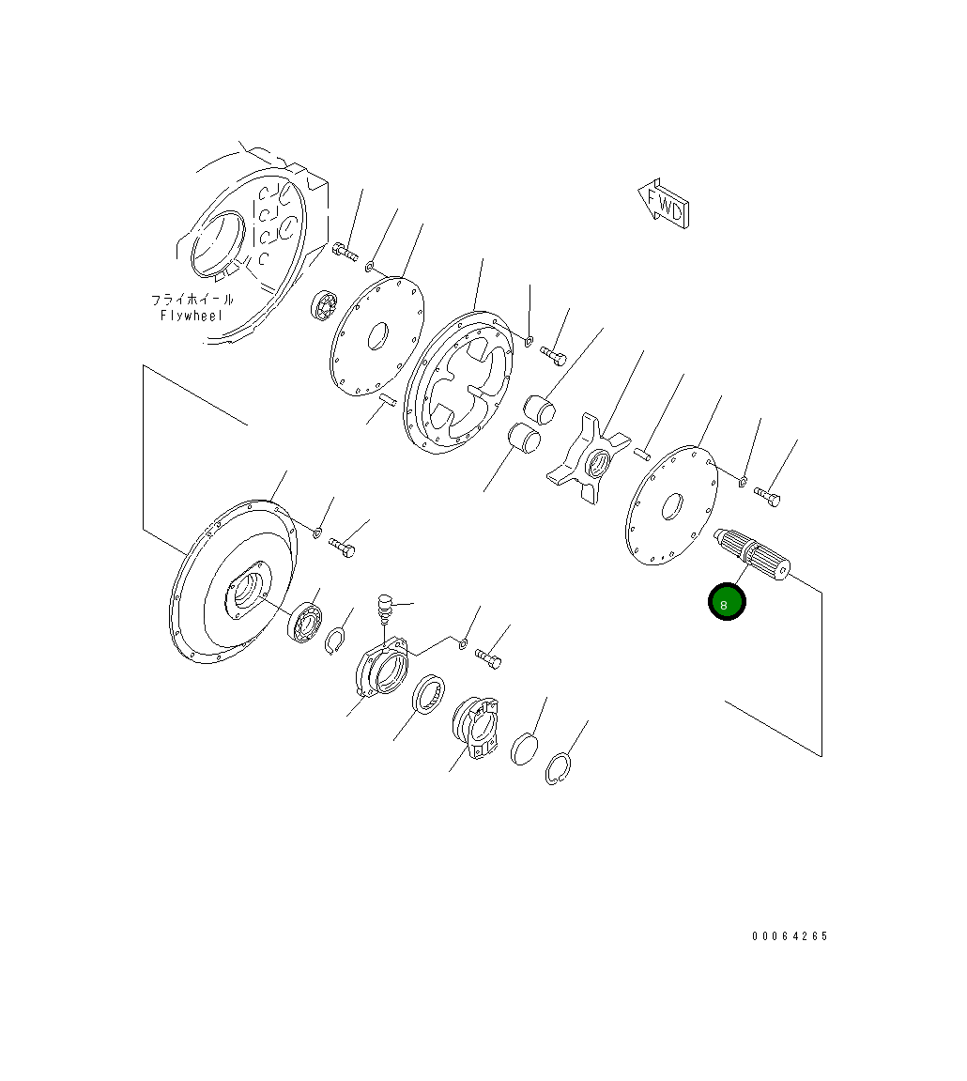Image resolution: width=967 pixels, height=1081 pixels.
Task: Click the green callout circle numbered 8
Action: pos(727,602)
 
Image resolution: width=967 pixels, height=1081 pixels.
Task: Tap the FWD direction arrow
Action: pos(664,204)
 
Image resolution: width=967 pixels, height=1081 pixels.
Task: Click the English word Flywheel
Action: pos(192,316)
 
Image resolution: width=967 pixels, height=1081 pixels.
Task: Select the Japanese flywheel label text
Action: pos(192,300)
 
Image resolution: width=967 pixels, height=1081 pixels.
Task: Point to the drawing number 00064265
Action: pos(790,935)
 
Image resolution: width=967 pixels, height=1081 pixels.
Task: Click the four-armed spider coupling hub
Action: pos(587,457)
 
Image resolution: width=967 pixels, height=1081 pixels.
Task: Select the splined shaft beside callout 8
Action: pos(752,553)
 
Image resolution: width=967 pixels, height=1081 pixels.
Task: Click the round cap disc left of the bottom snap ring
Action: pos(525,749)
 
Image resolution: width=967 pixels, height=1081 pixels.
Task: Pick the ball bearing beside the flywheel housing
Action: pos(324,306)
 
